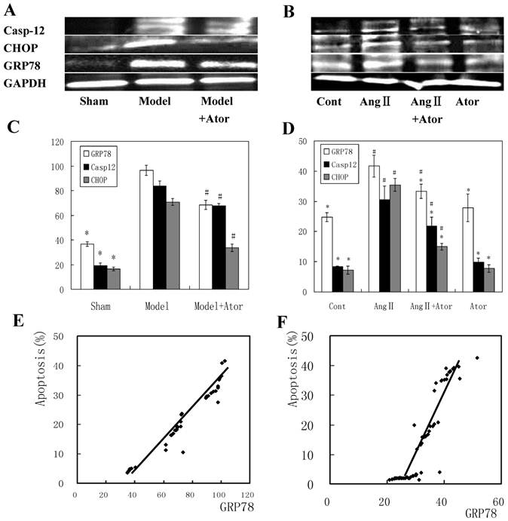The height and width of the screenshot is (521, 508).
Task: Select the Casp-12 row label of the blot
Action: (x=23, y=30)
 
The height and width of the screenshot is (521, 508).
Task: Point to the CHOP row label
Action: (x=20, y=48)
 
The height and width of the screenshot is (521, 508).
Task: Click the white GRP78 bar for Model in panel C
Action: (x=146, y=230)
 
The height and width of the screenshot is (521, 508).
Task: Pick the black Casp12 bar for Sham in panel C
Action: (x=99, y=277)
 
